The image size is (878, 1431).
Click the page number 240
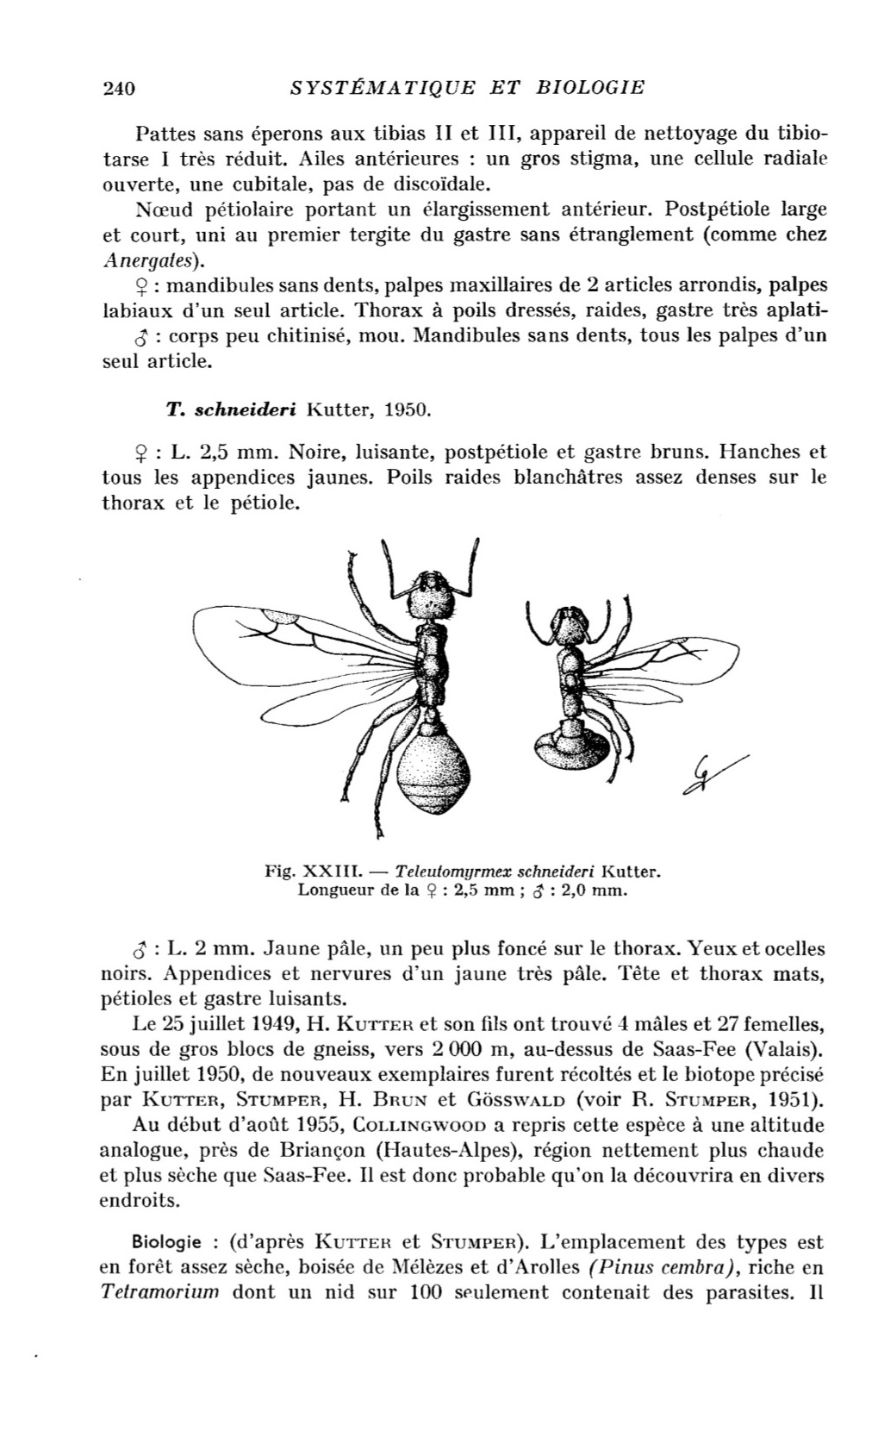(120, 87)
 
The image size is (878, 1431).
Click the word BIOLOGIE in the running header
(590, 87)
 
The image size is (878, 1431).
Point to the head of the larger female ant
(431, 597)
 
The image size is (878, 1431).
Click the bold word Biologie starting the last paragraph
(167, 1242)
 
